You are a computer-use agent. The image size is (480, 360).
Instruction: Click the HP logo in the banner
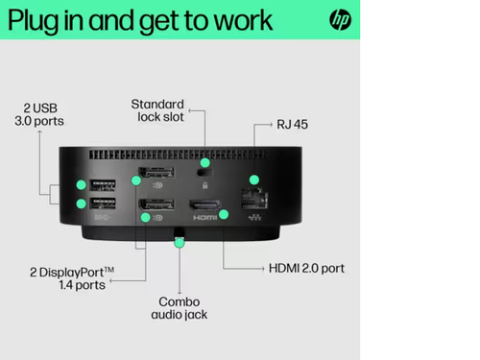click(x=341, y=19)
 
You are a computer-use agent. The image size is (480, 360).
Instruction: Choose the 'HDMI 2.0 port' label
click(x=305, y=268)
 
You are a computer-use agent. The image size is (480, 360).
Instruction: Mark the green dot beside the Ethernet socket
click(x=253, y=180)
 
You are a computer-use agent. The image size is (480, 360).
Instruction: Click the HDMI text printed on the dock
click(x=205, y=218)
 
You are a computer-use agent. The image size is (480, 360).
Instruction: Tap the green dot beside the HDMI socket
click(x=224, y=214)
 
